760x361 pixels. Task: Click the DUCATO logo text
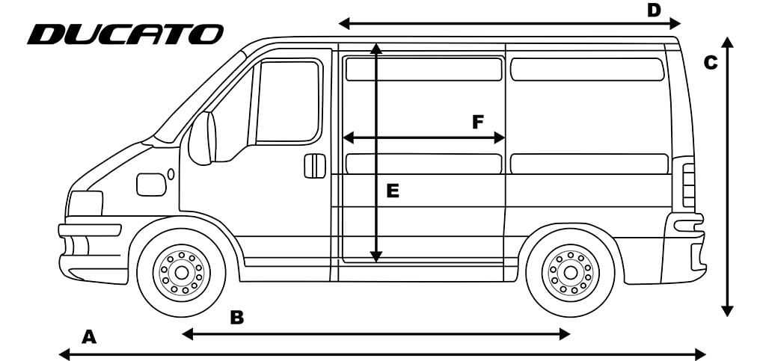coord(125,34)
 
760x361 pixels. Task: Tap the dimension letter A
coord(88,337)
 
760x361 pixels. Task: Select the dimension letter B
coord(236,318)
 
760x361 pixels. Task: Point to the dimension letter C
coord(710,63)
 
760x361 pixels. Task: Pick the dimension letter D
coord(654,10)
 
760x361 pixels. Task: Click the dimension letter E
coord(393,191)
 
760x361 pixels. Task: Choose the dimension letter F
coord(478,122)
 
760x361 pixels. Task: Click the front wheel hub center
coord(182,273)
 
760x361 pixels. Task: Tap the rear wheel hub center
coord(571,273)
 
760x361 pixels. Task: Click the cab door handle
coord(315,166)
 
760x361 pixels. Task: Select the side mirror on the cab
coord(201,138)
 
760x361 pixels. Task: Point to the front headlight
coord(85,203)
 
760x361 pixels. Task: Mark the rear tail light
coord(688,185)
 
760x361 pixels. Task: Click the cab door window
coord(289,101)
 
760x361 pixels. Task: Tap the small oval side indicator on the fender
coord(171,174)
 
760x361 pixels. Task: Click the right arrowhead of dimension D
coord(675,22)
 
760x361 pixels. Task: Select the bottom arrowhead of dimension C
coord(727,310)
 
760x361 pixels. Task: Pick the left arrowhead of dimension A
coord(65,354)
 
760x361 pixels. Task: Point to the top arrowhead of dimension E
coord(376,48)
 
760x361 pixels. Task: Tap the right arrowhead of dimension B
coord(564,334)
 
